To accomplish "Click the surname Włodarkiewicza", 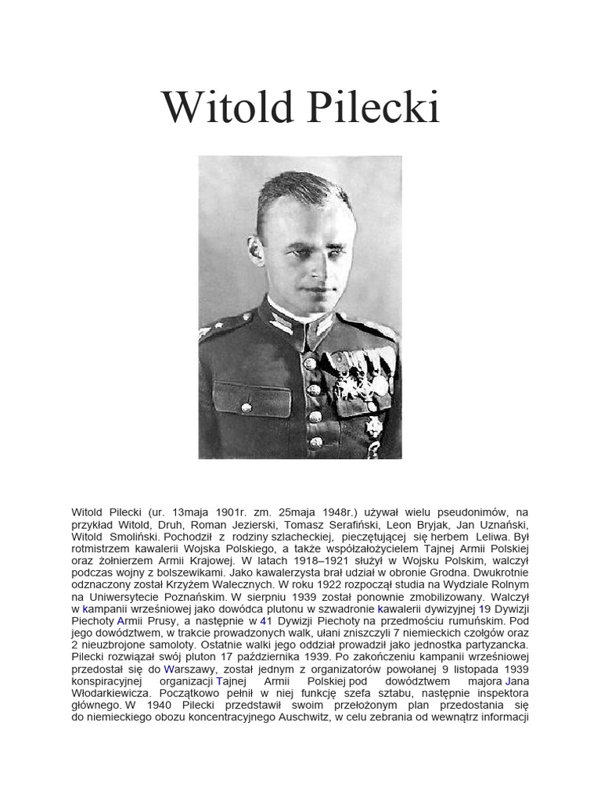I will tap(112, 693).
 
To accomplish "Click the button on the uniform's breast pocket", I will tap(247, 406).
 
